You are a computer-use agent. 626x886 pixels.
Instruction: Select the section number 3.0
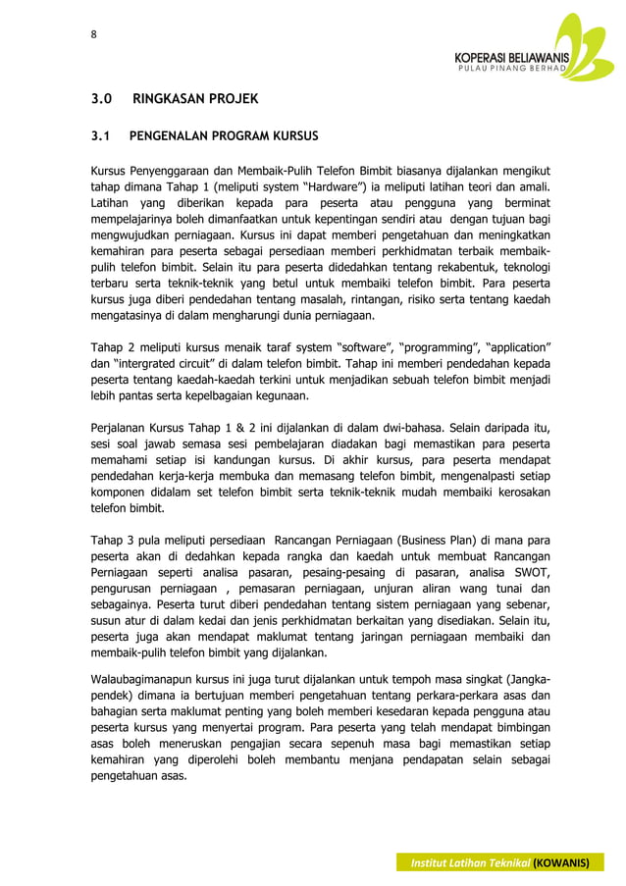pos(102,100)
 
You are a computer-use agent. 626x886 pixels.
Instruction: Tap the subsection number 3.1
pos(102,136)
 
